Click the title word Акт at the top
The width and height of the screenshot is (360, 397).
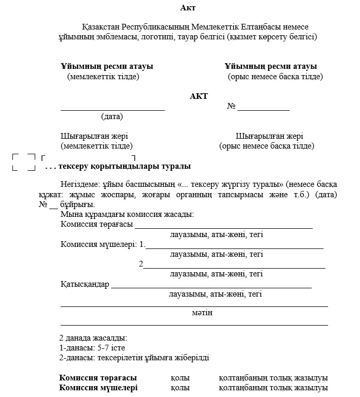[188, 7]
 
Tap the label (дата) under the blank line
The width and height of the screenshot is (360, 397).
[112, 116]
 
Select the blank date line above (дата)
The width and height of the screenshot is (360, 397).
[112, 110]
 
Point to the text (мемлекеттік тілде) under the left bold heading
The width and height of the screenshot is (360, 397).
[103, 77]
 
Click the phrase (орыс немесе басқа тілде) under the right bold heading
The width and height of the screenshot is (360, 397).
[275, 77]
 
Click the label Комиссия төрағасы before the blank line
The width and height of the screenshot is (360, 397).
[97, 225]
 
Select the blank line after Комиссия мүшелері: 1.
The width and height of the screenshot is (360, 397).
[234, 248]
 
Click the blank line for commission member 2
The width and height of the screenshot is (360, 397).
[234, 268]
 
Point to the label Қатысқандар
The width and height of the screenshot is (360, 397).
[84, 284]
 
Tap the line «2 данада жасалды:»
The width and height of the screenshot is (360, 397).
[93, 337]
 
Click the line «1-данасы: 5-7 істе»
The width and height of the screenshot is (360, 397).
[92, 347]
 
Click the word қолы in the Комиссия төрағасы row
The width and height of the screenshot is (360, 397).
[180, 378]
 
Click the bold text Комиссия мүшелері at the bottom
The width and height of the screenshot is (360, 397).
[98, 388]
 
